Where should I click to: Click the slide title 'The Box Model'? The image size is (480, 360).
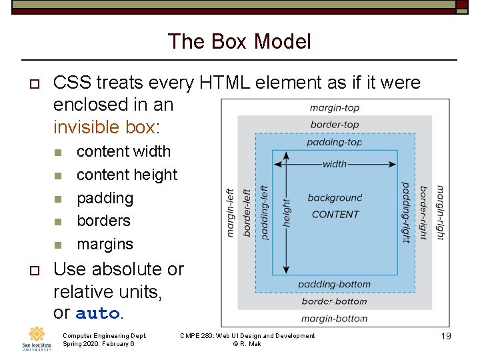pos(239,41)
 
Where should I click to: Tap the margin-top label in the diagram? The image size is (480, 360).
pos(335,108)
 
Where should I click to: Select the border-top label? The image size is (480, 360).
pos(335,125)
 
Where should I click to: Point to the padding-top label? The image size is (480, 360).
pos(335,142)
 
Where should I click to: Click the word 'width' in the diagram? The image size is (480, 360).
pos(335,164)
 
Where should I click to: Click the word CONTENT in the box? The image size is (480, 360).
pos(335,214)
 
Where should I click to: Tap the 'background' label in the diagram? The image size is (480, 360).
pos(335,198)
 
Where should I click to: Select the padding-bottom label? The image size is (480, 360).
pos(335,285)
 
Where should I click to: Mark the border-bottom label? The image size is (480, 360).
pos(335,301)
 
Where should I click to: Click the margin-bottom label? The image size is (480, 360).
pos(335,318)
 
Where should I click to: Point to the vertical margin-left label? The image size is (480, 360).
pos(231,213)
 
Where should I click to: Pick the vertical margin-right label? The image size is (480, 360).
pos(440,213)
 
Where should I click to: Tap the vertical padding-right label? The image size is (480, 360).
pos(405,213)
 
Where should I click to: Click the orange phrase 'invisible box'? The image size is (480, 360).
pos(103,126)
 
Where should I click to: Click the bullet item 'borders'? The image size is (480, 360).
pos(103,221)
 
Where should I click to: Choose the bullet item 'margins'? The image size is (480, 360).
pos(105,244)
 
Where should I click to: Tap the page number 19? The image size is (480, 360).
pos(446,337)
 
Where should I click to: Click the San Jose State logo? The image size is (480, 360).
pos(37,339)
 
